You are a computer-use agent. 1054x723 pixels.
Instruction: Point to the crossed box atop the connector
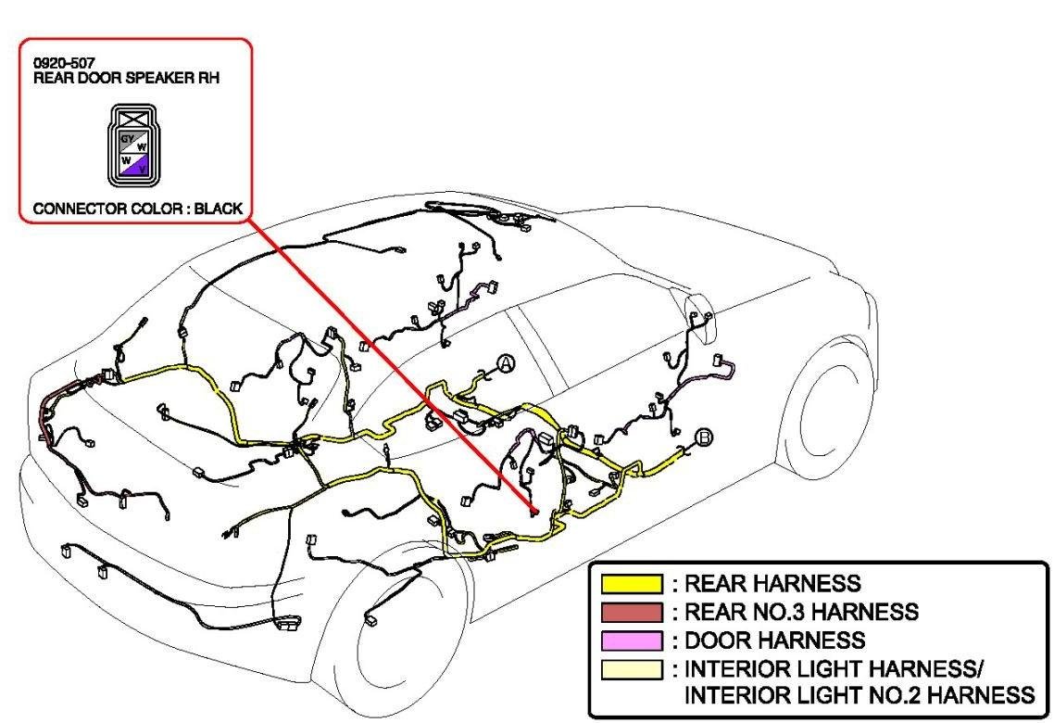[x=133, y=118]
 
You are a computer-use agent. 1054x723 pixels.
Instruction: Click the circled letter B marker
[x=704, y=437]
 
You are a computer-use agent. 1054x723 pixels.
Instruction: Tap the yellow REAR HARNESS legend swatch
[x=632, y=584]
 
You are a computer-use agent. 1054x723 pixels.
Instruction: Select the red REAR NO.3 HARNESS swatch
[x=632, y=612]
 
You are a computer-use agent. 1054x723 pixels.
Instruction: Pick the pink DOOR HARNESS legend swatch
[x=632, y=640]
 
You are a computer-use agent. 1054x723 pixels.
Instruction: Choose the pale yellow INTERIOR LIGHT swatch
[x=632, y=668]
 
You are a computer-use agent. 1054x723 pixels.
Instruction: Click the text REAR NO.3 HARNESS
[x=801, y=612]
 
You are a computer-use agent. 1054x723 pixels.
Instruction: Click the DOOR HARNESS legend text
[x=774, y=640]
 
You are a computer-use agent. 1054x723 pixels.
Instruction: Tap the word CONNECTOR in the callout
[x=76, y=209]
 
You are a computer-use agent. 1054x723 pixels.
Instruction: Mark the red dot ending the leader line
[x=533, y=512]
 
